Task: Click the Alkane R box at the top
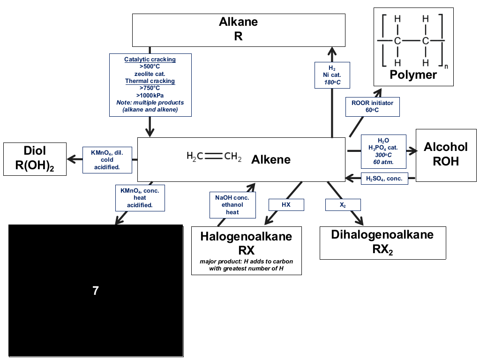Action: click(x=239, y=30)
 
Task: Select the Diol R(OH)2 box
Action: click(x=35, y=159)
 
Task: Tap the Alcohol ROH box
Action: click(x=446, y=155)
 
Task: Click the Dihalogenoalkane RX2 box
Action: click(x=382, y=243)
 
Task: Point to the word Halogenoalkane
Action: click(x=246, y=236)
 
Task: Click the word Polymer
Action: click(x=413, y=75)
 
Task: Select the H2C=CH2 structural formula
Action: click(x=214, y=156)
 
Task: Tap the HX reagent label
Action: click(x=286, y=204)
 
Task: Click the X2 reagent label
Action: click(x=343, y=204)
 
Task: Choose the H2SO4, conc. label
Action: click(x=384, y=179)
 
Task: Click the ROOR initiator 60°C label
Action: click(x=373, y=106)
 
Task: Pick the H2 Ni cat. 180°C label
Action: click(x=332, y=75)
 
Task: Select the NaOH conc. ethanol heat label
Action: click(x=232, y=205)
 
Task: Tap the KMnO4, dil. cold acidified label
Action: click(x=107, y=160)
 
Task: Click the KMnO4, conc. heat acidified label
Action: click(x=140, y=198)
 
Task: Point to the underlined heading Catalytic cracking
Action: click(x=150, y=60)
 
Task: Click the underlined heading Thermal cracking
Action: click(x=150, y=81)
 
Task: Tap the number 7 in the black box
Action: click(x=96, y=291)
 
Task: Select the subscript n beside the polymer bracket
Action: click(x=446, y=67)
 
